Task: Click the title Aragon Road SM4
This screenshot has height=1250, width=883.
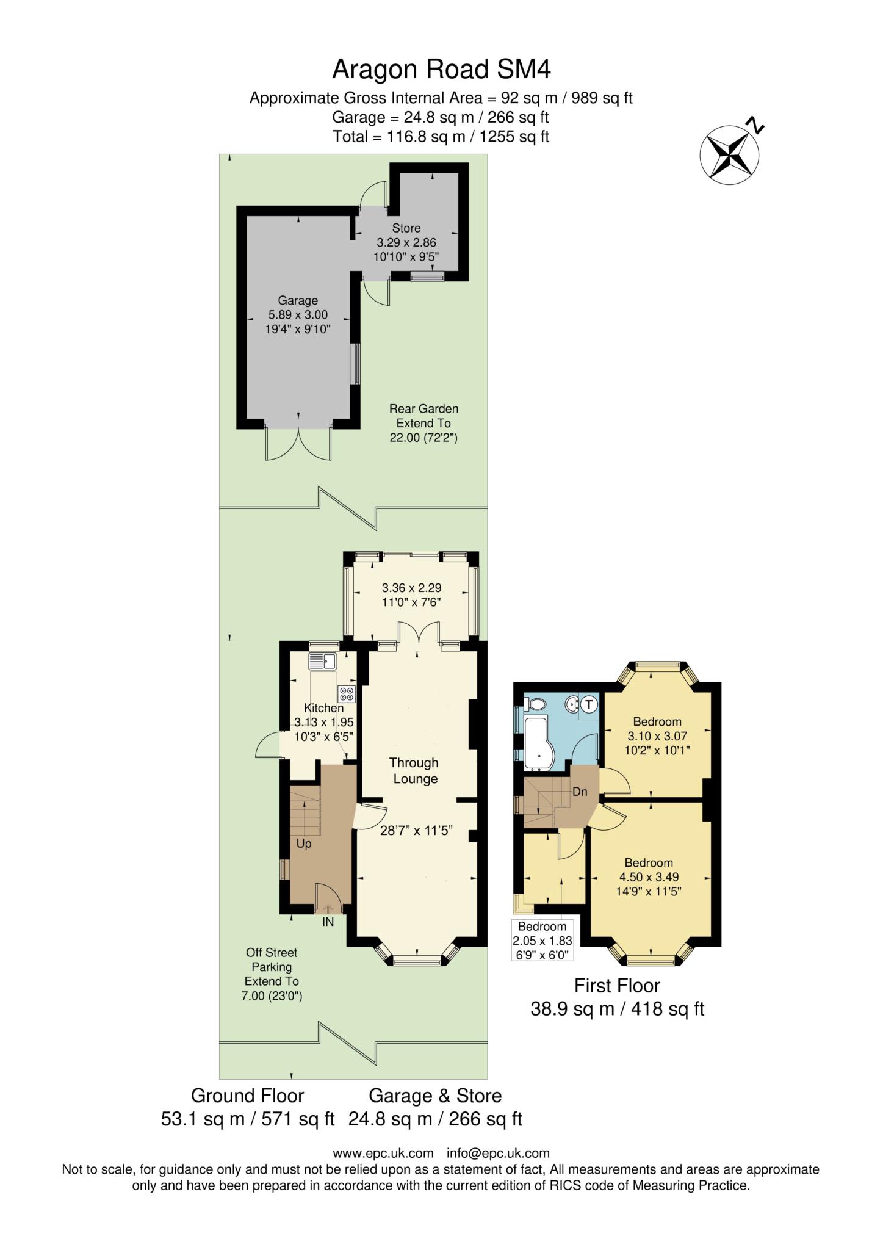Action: point(441,70)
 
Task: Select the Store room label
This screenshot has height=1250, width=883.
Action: point(406,228)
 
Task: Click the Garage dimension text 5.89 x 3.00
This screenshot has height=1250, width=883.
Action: point(298,315)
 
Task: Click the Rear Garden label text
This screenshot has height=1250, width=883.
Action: point(423,409)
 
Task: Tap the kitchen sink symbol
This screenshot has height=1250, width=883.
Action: point(323,661)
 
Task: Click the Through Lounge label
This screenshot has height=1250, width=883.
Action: point(414,771)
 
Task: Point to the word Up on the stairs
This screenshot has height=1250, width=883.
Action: point(304,844)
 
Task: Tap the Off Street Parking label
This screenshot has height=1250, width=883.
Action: point(272,959)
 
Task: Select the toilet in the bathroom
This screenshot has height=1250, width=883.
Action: point(535,704)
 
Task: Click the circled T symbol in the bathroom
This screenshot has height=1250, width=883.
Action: point(589,704)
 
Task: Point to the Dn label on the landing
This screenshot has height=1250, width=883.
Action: point(580,792)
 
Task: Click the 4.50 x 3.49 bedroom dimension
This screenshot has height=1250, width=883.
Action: point(649,877)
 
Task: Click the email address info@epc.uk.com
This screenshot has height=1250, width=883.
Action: point(498,1153)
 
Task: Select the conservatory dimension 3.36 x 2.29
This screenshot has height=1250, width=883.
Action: point(411,588)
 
